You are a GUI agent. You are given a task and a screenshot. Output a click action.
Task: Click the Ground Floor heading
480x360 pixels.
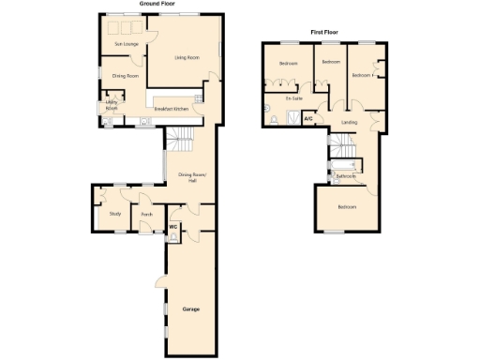pos(159,4)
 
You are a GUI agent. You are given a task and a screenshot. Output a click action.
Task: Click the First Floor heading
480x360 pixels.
pos(323,32)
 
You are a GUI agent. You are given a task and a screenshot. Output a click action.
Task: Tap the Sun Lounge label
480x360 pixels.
pos(127,44)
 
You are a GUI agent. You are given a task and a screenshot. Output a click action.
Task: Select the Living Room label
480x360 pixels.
pos(187,57)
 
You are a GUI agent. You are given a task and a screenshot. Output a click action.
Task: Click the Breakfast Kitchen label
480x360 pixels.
pos(172,110)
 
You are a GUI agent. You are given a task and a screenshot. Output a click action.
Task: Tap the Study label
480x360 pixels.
pos(115,214)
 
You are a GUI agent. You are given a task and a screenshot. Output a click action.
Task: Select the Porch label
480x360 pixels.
pos(146,214)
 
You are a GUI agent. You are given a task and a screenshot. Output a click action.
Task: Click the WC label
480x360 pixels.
pos(173,226)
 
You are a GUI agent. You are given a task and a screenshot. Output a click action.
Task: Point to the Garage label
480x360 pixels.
pos(191,308)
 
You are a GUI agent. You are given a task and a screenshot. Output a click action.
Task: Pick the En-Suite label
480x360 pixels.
pos(294,97)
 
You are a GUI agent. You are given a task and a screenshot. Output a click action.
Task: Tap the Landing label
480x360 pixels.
pos(350,122)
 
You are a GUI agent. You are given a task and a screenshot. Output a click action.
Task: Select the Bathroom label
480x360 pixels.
pos(347,176)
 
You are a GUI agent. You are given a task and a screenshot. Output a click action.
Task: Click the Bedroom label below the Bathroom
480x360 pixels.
pos(347,206)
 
